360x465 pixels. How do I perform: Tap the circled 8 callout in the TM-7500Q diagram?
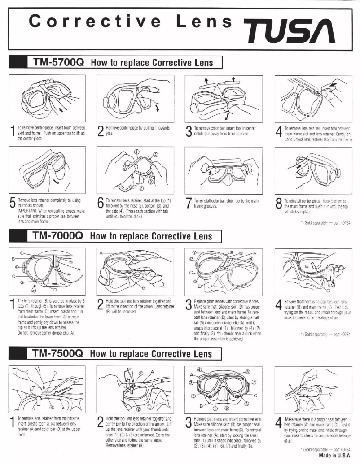247,371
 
